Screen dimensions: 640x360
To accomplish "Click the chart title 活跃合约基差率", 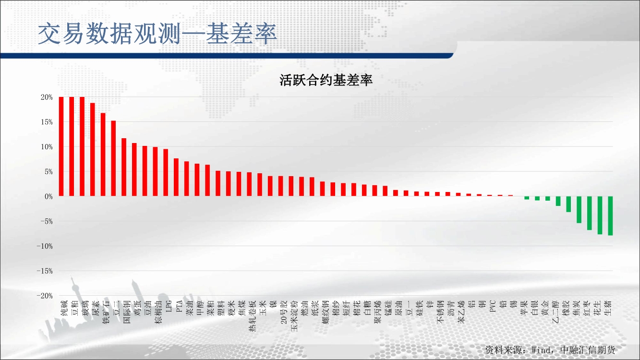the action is pos(326,80).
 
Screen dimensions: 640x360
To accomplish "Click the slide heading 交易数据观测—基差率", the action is pos(157,34).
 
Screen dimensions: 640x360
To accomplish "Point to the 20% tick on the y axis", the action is pos(47,97).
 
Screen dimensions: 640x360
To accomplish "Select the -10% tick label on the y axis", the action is pos(45,246).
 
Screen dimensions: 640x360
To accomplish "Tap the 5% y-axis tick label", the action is pos(48,172).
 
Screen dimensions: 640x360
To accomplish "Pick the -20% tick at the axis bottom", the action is pos(45,296).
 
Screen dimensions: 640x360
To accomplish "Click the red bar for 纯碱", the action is pos(61,146).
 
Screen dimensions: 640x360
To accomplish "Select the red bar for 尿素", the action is pos(93,149).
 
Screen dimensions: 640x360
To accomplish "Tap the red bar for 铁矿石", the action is pos(103,155).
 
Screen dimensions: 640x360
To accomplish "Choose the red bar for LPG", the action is pos(166,173).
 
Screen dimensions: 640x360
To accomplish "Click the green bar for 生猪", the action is pos(610,216).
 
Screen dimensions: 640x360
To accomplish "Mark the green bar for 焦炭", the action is pos(579,210).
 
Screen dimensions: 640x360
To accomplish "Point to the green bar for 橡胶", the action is pos(568,204).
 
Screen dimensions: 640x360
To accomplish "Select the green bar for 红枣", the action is pos(590,213).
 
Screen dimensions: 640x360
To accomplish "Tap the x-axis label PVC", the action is pos(492,306).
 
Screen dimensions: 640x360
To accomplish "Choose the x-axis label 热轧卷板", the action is pos(252,316).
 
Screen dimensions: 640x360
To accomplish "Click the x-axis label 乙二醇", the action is pos(555,312).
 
